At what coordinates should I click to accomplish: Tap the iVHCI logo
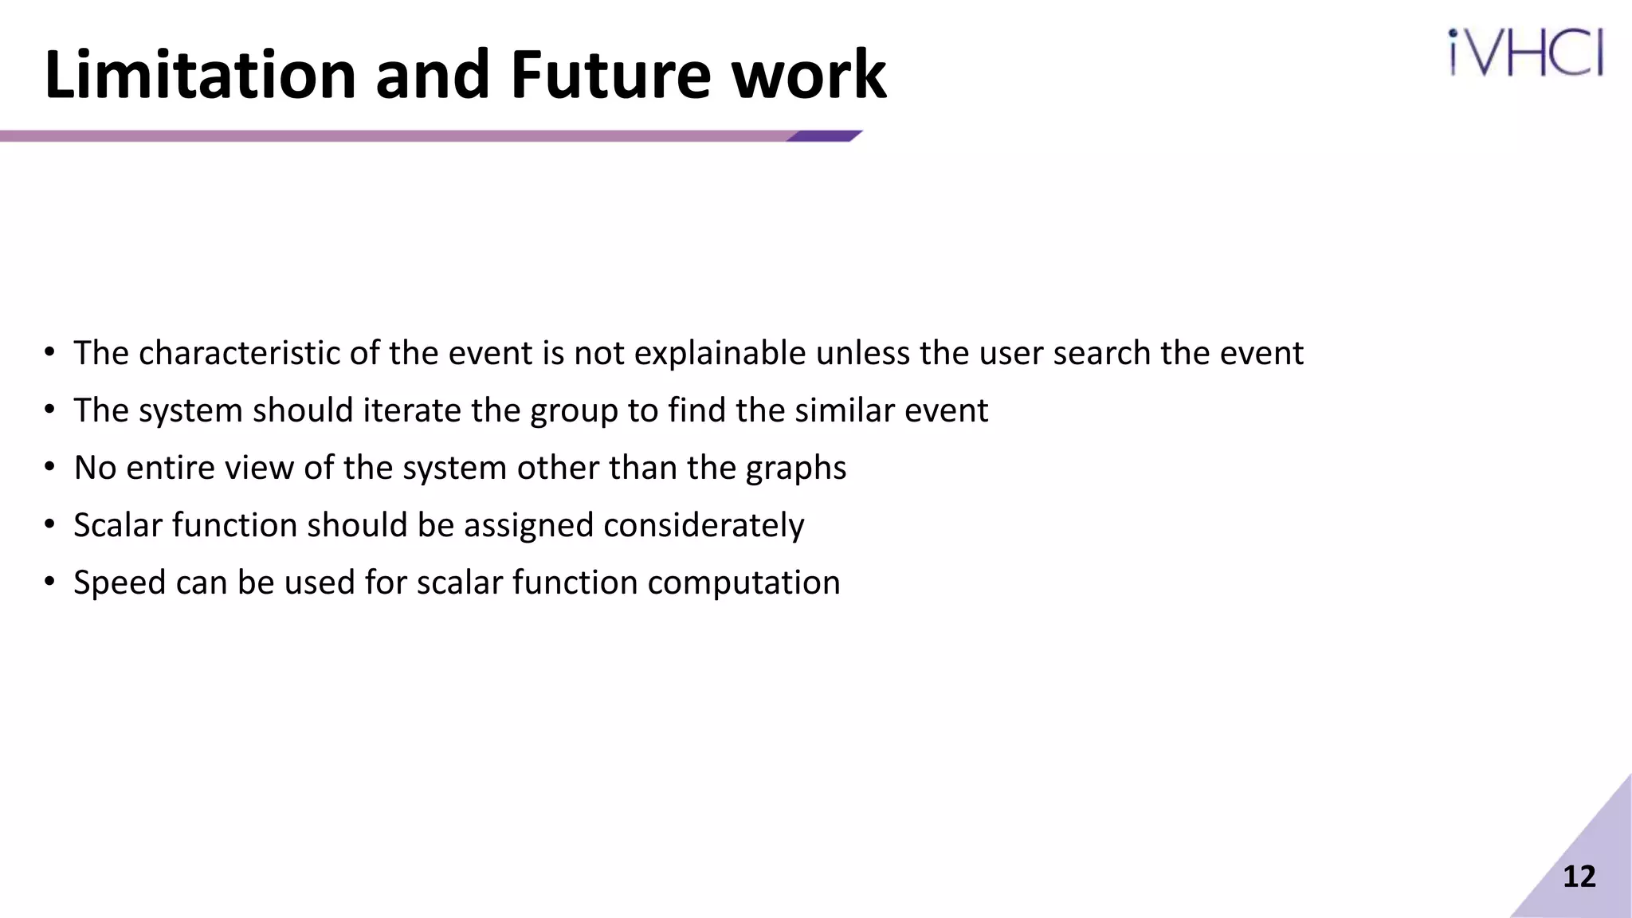click(1525, 53)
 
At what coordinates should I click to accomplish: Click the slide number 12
click(1579, 877)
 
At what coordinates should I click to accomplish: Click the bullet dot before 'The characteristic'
click(50, 352)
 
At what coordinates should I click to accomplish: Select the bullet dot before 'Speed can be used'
click(50, 582)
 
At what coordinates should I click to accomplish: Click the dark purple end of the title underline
click(824, 136)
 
